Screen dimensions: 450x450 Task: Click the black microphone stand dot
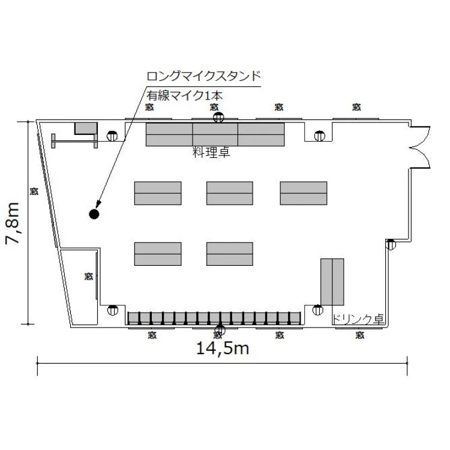click(94, 214)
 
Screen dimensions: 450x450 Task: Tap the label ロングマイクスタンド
click(204, 76)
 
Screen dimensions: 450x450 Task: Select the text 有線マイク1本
click(185, 95)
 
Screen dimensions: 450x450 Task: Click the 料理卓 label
click(212, 152)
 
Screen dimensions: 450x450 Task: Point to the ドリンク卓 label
click(358, 319)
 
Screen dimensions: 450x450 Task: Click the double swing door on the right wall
click(420, 147)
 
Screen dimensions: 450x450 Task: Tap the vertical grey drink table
click(332, 282)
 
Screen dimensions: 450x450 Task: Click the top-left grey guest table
click(158, 193)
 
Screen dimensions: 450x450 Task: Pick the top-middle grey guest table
click(230, 193)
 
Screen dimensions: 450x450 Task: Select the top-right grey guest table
click(304, 193)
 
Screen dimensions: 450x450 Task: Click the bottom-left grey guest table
click(158, 254)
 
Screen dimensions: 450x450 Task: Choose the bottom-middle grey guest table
click(230, 254)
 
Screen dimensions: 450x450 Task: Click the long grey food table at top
click(215, 134)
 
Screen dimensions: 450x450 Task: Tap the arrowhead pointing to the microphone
click(98, 203)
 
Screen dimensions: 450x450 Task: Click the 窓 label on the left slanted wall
click(34, 191)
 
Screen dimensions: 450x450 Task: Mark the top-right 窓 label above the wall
click(356, 107)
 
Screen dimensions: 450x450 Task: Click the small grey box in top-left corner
click(86, 128)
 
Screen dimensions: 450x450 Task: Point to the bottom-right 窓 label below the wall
click(360, 335)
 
